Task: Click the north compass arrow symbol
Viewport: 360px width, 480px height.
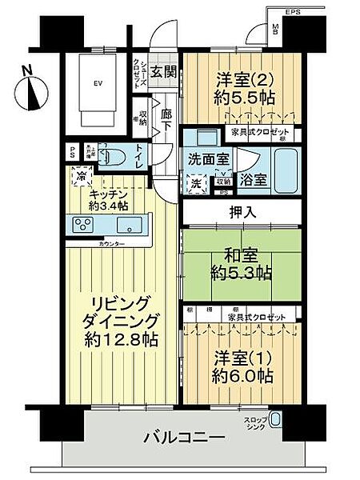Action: click(x=33, y=90)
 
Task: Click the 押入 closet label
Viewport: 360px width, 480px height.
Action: click(x=242, y=211)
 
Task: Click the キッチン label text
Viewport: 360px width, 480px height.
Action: click(x=107, y=193)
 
